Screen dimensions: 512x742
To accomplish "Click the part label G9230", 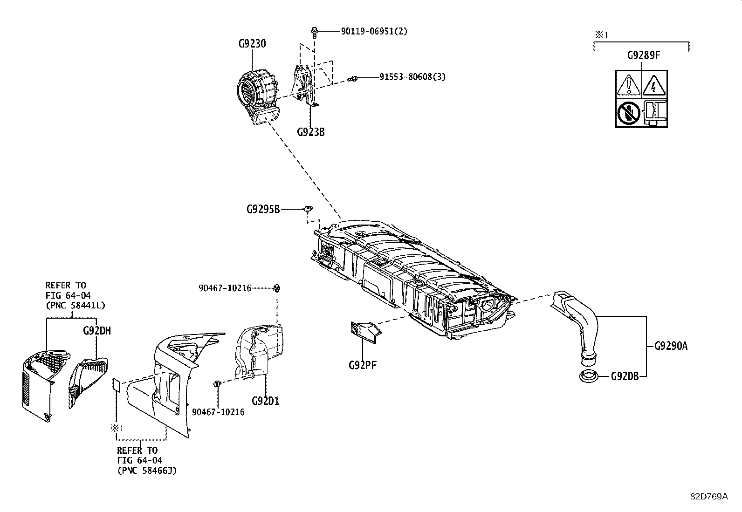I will pos(252,44).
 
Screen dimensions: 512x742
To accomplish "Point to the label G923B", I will pos(310,132).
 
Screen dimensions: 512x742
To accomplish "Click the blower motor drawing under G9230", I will pos(257,96).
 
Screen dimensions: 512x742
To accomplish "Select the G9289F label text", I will pos(644,55).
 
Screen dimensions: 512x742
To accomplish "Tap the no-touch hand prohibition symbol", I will pos(629,112).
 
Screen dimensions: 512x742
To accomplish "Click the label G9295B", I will pos(263,209).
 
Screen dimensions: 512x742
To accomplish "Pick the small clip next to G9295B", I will pos(308,209).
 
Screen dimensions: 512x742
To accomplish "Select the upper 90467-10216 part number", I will pos(225,288).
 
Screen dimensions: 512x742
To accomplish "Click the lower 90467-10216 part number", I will pos(218,412).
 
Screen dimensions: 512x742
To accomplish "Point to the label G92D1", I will pos(265,401).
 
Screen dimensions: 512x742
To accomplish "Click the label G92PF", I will pos(362,365).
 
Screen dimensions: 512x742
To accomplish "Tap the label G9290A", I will pos(671,346).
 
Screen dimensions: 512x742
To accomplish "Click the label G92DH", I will pos(96,331).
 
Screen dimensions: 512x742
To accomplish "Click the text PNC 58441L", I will pos(75,306).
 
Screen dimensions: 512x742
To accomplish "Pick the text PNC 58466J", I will pos(147,471).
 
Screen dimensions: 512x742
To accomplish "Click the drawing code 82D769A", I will pos(708,496).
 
